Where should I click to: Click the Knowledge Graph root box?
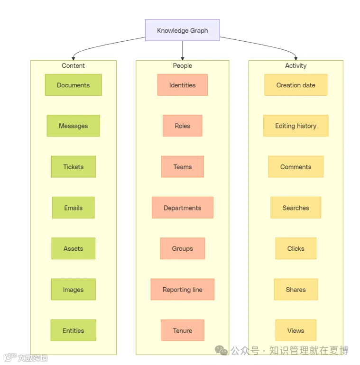[x=182, y=30]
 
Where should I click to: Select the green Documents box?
[x=74, y=85]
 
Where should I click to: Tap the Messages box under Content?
[x=74, y=126]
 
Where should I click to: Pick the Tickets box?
[x=74, y=167]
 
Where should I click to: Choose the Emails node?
[x=74, y=208]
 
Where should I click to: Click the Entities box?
[x=74, y=330]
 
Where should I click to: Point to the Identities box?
[x=182, y=85]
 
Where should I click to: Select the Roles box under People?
[x=182, y=126]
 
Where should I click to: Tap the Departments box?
[x=182, y=208]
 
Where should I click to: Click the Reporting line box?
[x=182, y=289]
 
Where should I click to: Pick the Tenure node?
[x=182, y=330]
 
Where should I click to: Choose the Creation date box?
[x=295, y=85]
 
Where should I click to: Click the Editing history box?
[x=295, y=126]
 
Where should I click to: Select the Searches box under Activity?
[x=295, y=208]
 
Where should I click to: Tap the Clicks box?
[x=295, y=248]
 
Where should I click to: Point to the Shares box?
[x=295, y=289]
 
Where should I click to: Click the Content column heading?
[x=73, y=65]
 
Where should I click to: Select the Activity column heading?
[x=295, y=65]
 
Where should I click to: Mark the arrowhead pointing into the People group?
[x=183, y=59]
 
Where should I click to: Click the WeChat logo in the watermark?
[x=221, y=350]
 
